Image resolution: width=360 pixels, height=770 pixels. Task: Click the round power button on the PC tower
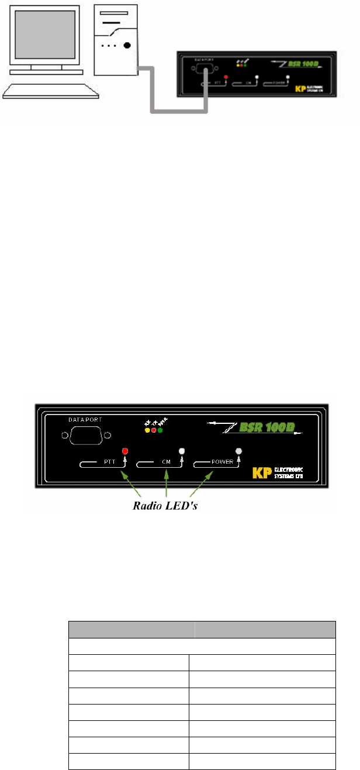pos(127,45)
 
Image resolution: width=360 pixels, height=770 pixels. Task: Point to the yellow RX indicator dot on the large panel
pos(147,430)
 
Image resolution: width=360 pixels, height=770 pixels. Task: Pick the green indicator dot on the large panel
pos(160,430)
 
